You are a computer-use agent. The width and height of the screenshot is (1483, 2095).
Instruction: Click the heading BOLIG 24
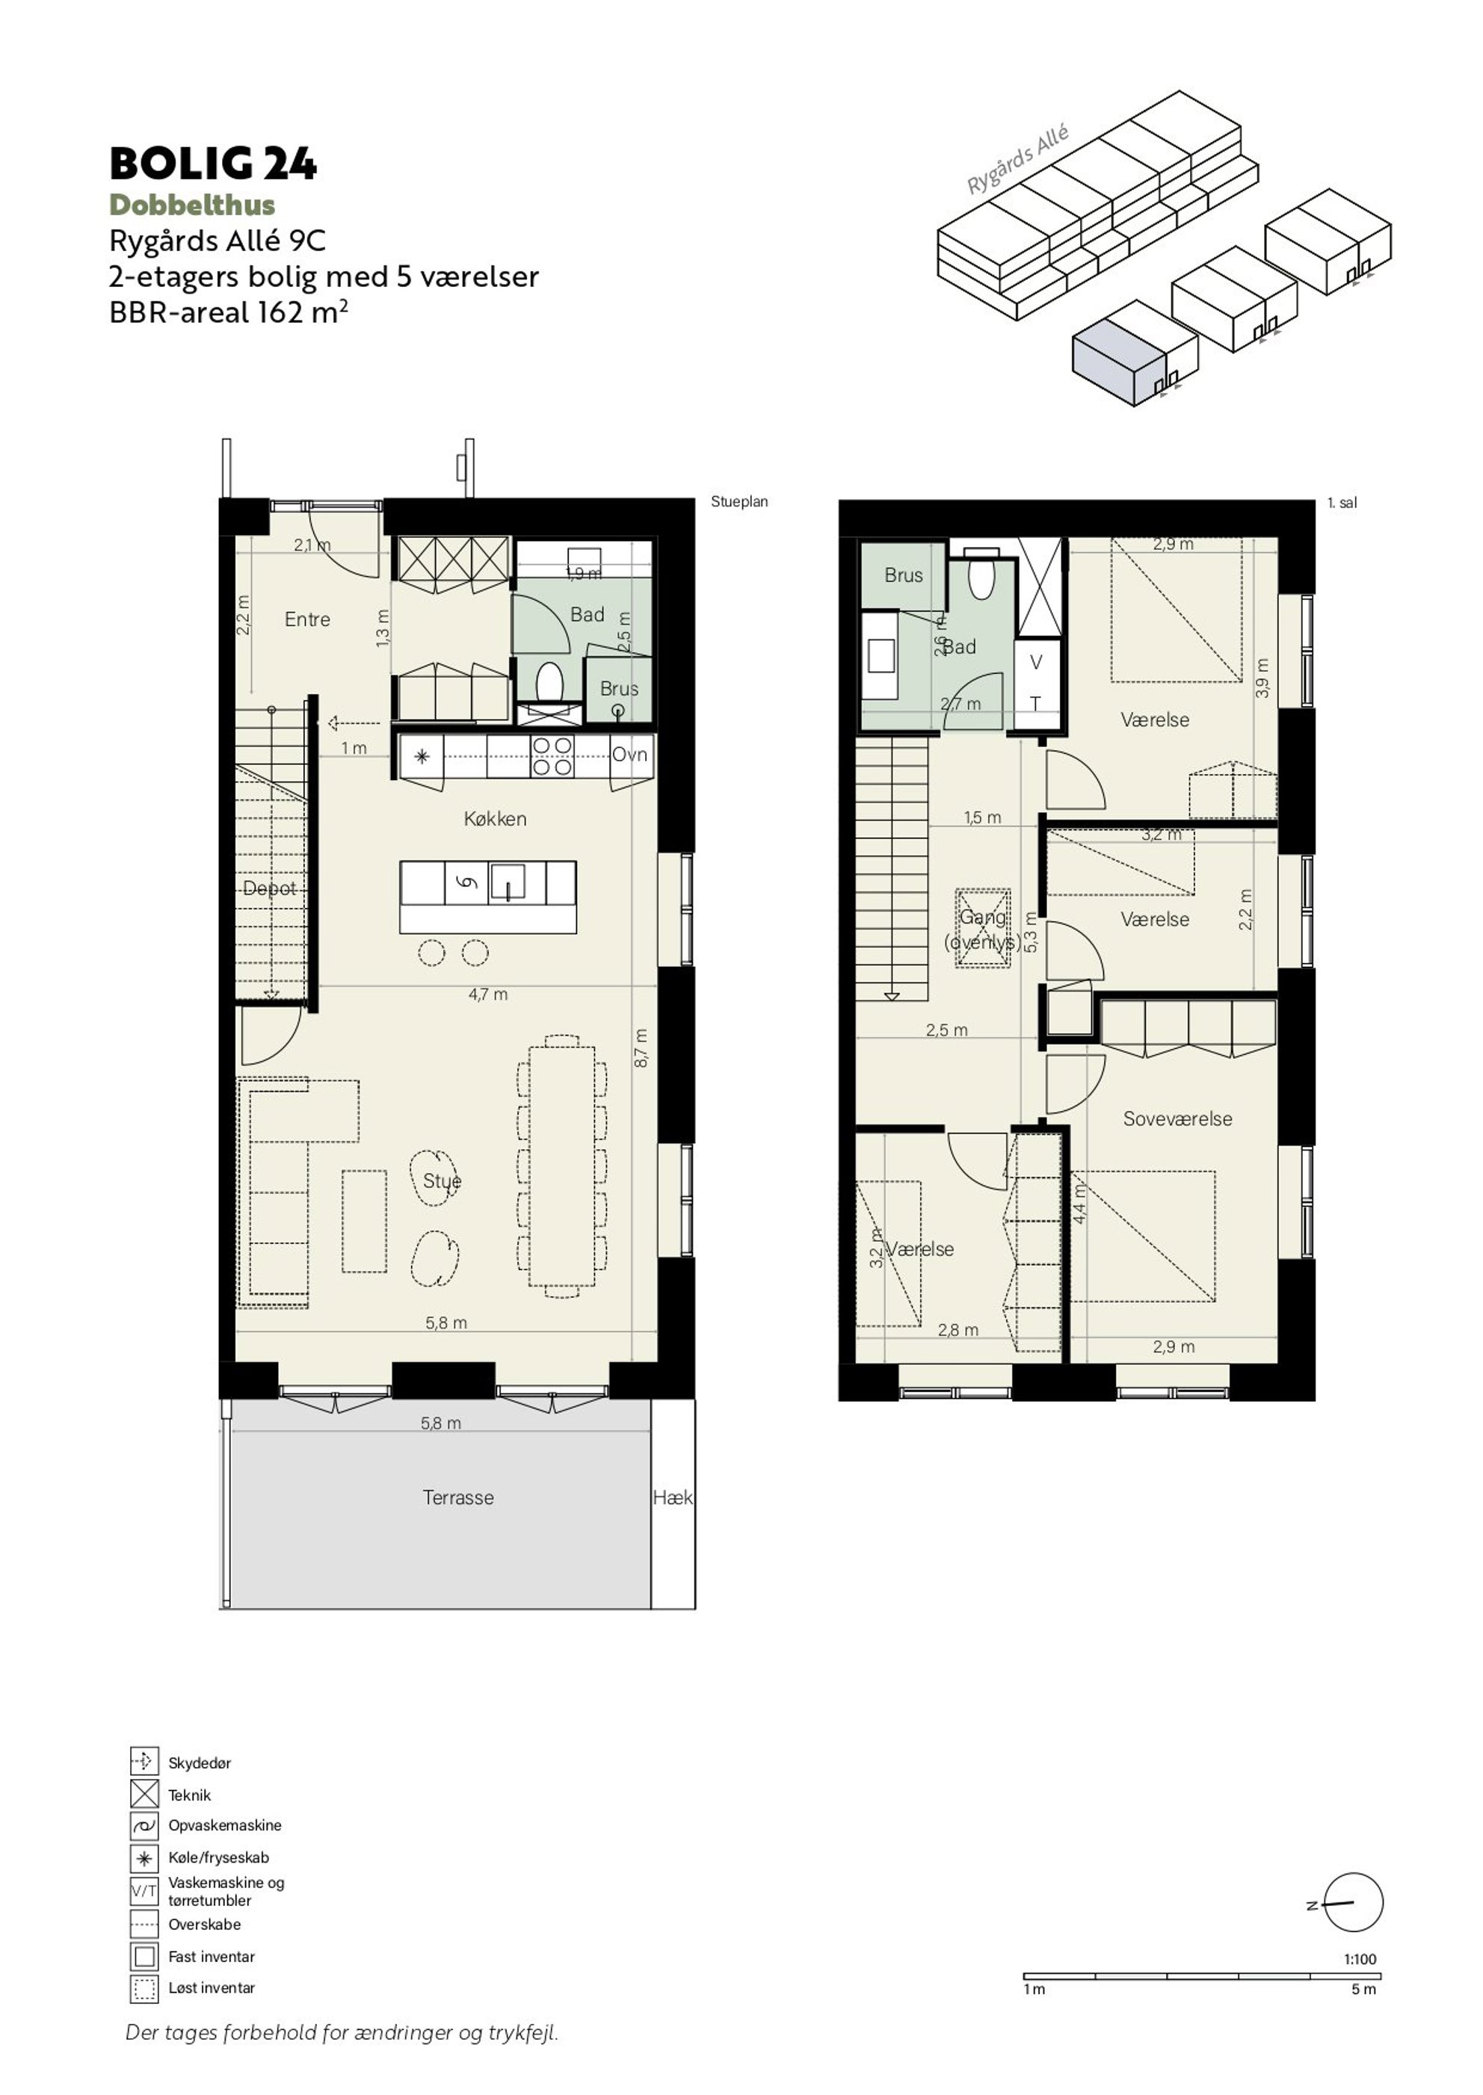pyautogui.click(x=213, y=164)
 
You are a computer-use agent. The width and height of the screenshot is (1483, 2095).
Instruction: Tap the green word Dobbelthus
pyautogui.click(x=192, y=205)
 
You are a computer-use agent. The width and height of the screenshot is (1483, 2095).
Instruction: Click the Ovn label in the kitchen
pyautogui.click(x=629, y=754)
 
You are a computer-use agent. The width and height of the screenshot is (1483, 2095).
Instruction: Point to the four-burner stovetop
pyautogui.click(x=552, y=756)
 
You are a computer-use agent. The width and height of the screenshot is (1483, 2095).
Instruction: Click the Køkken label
pyautogui.click(x=495, y=819)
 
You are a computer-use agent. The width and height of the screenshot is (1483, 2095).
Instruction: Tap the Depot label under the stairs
pyautogui.click(x=269, y=888)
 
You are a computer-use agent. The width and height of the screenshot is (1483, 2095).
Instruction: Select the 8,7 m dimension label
pyautogui.click(x=641, y=1048)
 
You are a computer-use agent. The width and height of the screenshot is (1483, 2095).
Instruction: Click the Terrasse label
pyautogui.click(x=458, y=1497)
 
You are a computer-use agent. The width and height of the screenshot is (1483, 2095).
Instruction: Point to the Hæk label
pyautogui.click(x=673, y=1497)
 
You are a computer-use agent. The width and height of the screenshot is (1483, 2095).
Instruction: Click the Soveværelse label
pyautogui.click(x=1177, y=1119)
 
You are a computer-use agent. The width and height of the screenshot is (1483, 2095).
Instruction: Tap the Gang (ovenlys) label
pyautogui.click(x=983, y=929)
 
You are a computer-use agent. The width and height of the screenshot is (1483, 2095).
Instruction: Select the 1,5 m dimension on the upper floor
pyautogui.click(x=983, y=818)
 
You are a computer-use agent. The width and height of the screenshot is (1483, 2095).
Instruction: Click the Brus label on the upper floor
pyautogui.click(x=903, y=575)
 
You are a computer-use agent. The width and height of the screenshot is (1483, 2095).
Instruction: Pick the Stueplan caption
pyautogui.click(x=740, y=502)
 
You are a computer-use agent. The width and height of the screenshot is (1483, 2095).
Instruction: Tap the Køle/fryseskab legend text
pyautogui.click(x=218, y=1857)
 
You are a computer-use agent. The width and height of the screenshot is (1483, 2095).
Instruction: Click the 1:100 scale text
pyautogui.click(x=1360, y=1959)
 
